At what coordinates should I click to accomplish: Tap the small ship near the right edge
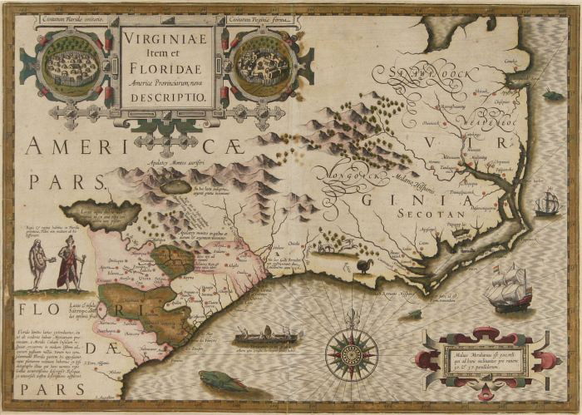pyautogui.click(x=547, y=202)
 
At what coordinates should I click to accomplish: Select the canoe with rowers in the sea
pyautogui.click(x=266, y=337)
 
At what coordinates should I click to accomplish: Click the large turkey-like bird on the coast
pyautogui.click(x=365, y=265)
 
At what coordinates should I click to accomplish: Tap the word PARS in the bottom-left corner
pyautogui.click(x=35, y=387)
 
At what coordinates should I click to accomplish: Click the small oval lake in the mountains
pyautogui.click(x=176, y=187)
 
